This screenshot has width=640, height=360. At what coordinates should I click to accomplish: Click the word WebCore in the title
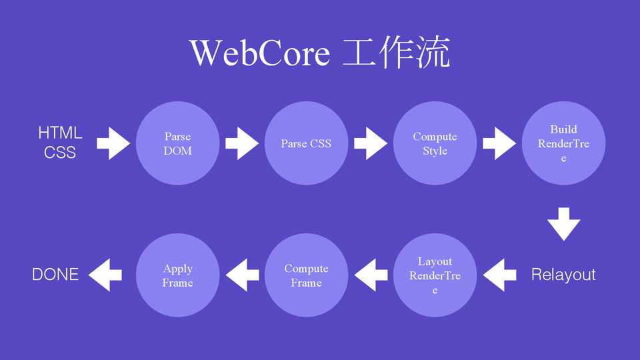click(259, 53)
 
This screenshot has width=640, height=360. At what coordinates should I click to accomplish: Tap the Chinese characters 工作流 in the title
click(397, 53)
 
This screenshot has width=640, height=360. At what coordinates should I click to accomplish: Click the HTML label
click(60, 133)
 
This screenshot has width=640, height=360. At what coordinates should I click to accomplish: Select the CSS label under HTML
click(60, 153)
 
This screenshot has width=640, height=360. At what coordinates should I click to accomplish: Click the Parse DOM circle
click(177, 143)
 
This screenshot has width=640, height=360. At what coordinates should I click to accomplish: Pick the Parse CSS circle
click(306, 143)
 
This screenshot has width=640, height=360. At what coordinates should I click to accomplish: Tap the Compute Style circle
click(435, 143)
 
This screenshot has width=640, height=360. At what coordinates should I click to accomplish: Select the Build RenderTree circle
click(563, 143)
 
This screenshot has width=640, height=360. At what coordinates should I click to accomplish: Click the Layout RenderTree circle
click(435, 275)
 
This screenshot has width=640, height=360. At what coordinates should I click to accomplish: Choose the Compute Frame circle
click(306, 275)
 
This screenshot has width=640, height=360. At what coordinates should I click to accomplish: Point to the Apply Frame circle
click(177, 275)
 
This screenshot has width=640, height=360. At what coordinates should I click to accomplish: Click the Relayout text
click(563, 275)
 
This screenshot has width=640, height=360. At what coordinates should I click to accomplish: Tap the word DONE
click(55, 275)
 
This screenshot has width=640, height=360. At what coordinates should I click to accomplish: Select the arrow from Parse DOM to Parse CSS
click(242, 143)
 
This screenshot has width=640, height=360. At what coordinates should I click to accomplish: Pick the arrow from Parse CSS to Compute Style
click(371, 143)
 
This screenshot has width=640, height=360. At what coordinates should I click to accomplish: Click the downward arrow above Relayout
click(564, 223)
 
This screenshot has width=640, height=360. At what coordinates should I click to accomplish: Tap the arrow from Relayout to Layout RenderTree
click(499, 275)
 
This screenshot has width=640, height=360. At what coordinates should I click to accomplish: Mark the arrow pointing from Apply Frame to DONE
click(105, 275)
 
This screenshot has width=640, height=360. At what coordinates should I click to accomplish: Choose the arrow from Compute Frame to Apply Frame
click(242, 275)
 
